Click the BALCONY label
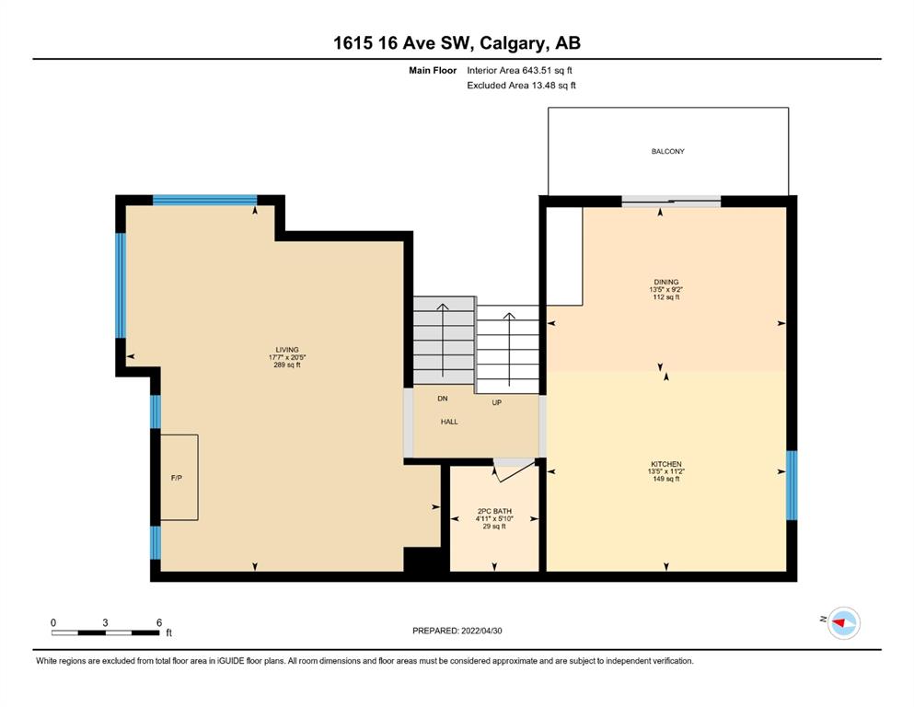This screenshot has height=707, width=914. [667, 152]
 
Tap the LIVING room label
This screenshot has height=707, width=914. [287, 350]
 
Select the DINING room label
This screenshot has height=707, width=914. [666, 282]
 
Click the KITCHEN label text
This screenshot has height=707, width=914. [666, 465]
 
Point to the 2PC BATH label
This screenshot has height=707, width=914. [494, 511]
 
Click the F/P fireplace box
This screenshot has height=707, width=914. [179, 478]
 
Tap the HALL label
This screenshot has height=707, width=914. [449, 422]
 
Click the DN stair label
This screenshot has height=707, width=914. [443, 399]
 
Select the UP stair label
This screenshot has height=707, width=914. [497, 402]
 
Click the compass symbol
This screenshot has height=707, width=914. [843, 623]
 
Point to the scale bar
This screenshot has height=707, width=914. [106, 632]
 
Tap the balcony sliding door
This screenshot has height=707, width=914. [671, 202]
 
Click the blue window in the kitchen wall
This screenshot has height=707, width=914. [792, 485]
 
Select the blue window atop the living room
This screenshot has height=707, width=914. [204, 200]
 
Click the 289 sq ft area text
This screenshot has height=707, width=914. [287, 365]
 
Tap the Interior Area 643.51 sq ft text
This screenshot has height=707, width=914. [519, 71]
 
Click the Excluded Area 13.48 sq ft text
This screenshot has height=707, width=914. [521, 86]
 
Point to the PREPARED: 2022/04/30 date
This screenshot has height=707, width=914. [457, 631]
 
